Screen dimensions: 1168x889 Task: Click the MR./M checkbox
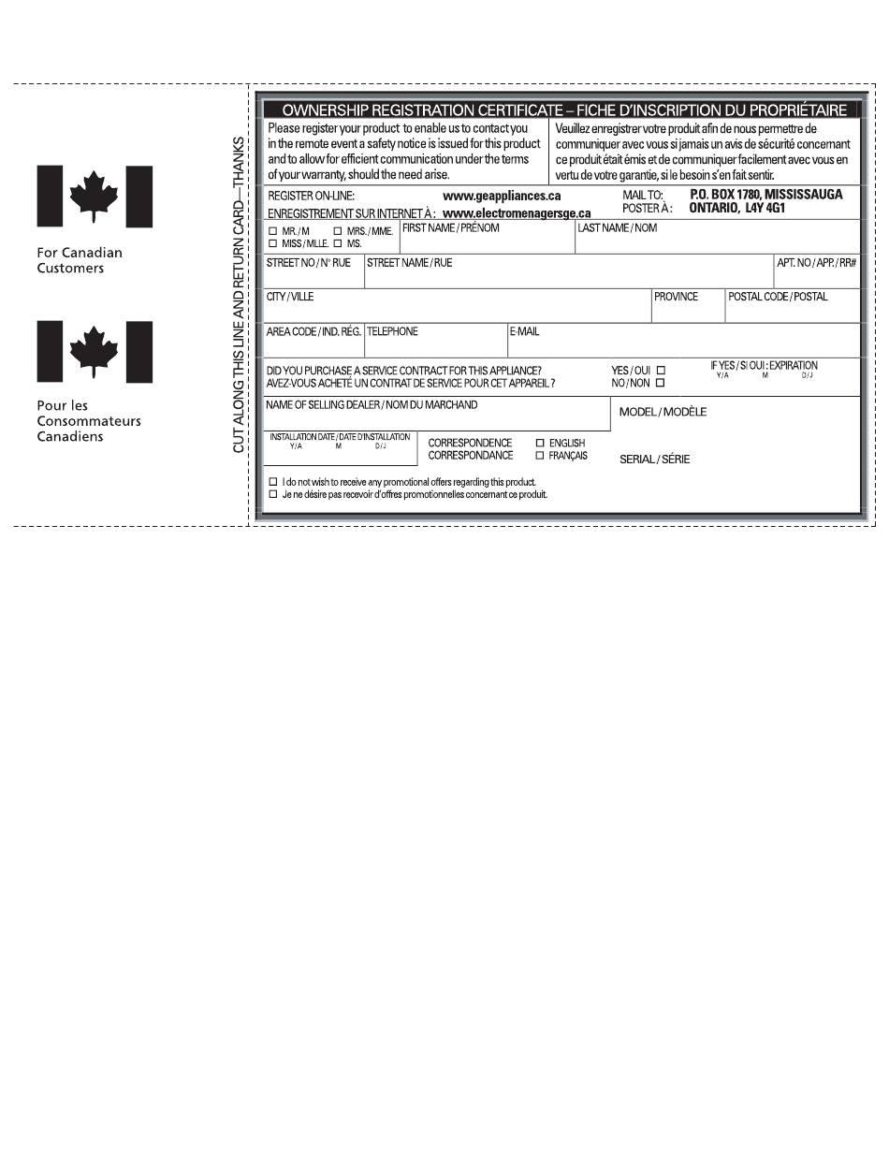tap(273, 231)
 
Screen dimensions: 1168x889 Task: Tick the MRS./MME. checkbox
tap(337, 231)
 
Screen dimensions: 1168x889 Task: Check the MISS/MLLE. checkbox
tap(273, 243)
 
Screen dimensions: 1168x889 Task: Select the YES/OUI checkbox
tap(661, 371)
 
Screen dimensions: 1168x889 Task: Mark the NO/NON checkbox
tap(661, 383)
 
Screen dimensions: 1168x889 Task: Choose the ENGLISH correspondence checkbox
tap(540, 443)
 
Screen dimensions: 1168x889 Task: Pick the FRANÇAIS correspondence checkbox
tap(540, 456)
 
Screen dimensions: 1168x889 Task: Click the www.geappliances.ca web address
tap(502, 197)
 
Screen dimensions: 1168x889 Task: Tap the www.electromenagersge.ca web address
tap(517, 212)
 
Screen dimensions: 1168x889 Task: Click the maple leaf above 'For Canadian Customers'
tap(94, 196)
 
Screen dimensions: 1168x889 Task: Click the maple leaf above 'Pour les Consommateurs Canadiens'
tap(94, 350)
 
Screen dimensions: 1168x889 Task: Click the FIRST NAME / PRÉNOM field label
tap(451, 228)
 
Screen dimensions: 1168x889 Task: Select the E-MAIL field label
tap(524, 331)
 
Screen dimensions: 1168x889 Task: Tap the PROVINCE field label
tap(676, 297)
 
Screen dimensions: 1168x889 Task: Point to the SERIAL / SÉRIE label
tap(654, 460)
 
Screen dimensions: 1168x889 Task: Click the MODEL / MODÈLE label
tap(663, 412)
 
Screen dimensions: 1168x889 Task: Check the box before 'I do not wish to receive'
tap(273, 482)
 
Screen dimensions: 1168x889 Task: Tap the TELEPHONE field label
tap(392, 331)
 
